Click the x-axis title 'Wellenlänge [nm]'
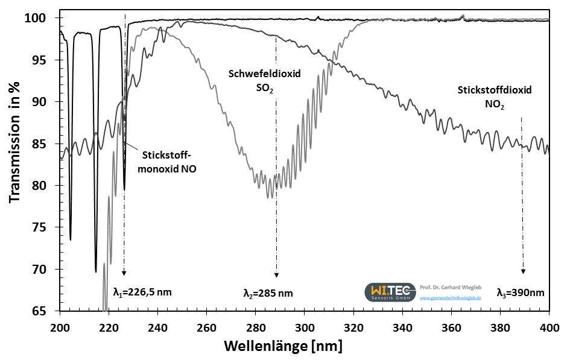click(x=283, y=347)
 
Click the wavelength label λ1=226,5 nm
click(x=142, y=292)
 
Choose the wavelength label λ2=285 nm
click(x=268, y=294)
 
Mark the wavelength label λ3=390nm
click(x=520, y=293)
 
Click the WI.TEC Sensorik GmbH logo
click(x=390, y=292)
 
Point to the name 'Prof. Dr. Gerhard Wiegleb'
click(x=450, y=286)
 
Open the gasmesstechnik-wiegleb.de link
click(x=450, y=298)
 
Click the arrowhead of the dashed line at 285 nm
click(x=276, y=275)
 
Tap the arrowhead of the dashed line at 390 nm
click(x=523, y=271)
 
